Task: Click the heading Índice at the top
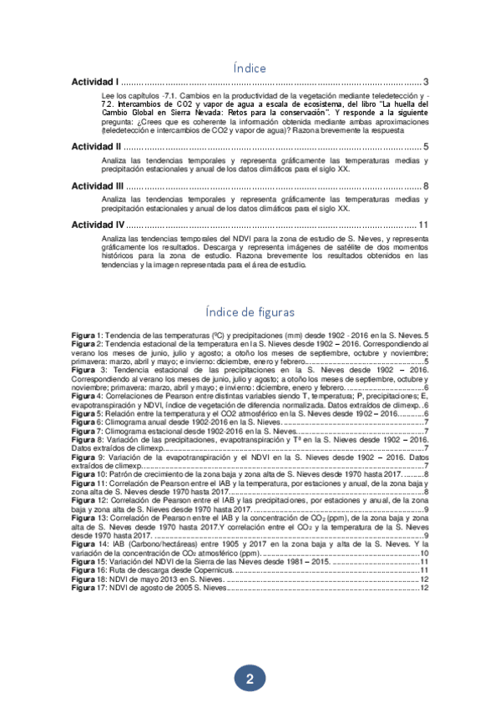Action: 250,66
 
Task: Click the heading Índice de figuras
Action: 250,311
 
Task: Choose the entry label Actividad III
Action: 98,186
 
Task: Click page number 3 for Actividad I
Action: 426,83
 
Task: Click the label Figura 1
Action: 87,335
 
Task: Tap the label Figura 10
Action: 88,474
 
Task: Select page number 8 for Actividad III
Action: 426,186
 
